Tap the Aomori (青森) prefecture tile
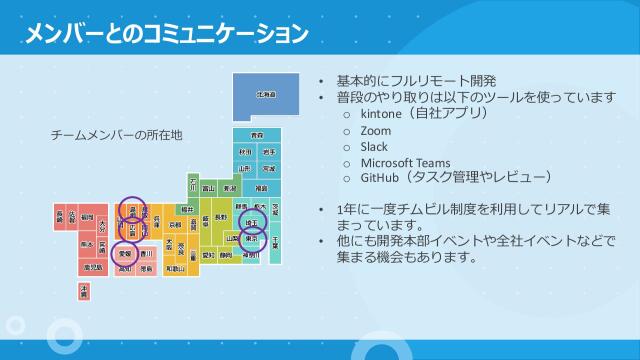click(x=257, y=134)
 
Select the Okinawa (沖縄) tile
click(x=84, y=291)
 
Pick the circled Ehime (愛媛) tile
click(x=125, y=254)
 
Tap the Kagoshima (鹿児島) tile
click(x=93, y=268)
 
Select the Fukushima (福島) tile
click(x=260, y=187)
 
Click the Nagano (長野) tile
click(x=221, y=217)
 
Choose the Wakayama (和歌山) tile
click(x=176, y=268)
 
